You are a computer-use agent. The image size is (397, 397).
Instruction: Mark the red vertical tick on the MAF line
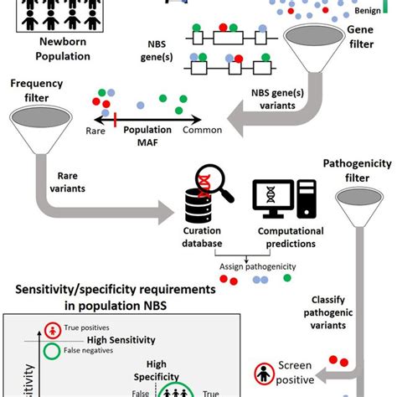(115, 119)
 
